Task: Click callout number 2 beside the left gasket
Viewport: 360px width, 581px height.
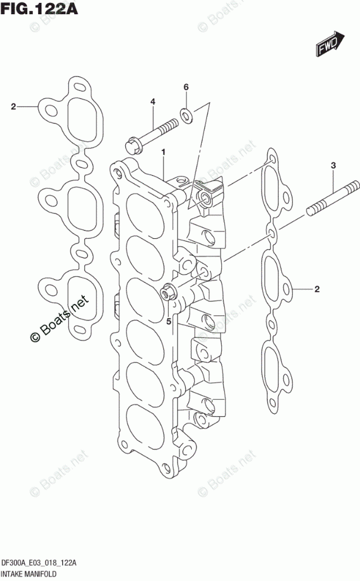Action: pos(13,106)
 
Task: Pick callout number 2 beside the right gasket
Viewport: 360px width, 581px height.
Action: pos(316,288)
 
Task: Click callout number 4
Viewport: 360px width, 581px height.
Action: pos(152,102)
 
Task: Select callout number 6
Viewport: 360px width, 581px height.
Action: pos(185,88)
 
